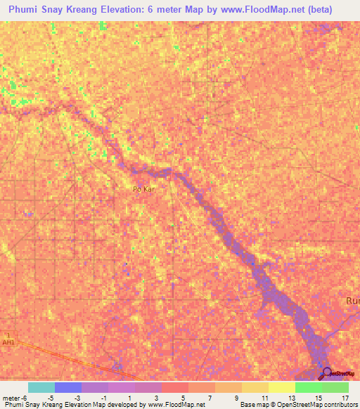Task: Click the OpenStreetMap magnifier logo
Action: (x=324, y=372)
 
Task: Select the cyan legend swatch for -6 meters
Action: (x=41, y=387)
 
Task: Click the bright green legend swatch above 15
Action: (x=308, y=387)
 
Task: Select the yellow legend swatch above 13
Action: (x=281, y=387)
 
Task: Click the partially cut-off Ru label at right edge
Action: (x=352, y=301)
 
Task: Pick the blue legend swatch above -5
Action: (x=68, y=387)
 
